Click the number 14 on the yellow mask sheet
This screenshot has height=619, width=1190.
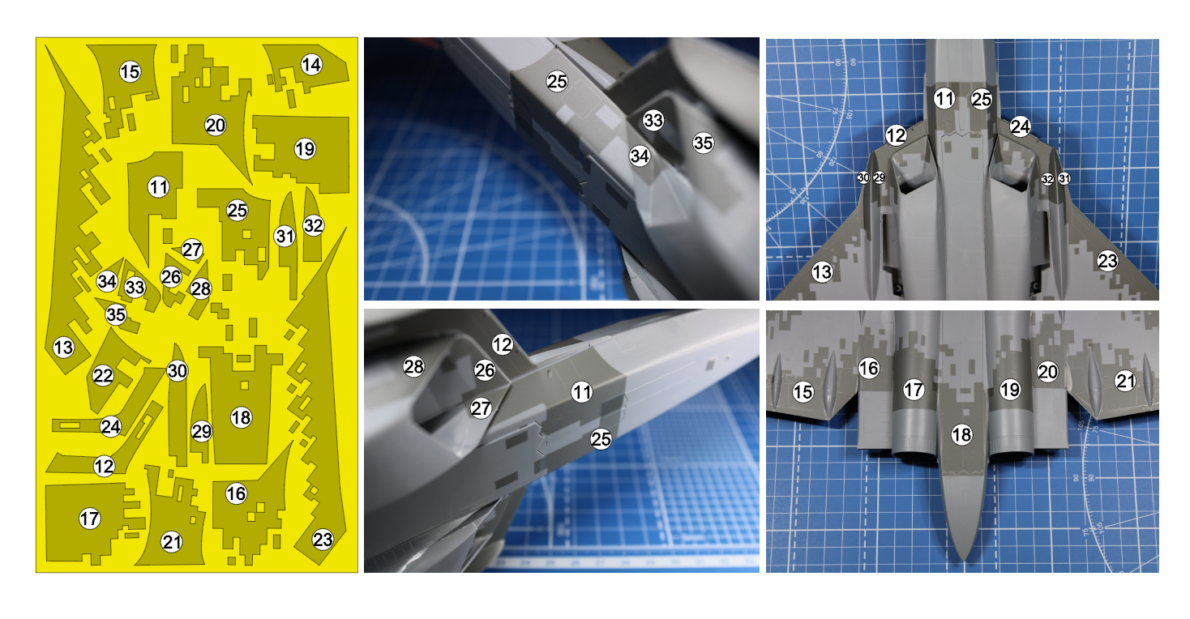coord(311,65)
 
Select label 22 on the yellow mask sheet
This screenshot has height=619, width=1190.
coord(103,376)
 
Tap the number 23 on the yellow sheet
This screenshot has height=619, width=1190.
coord(323,540)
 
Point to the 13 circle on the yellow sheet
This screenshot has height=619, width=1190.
coord(64,348)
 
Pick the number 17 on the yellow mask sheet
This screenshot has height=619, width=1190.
coord(89,519)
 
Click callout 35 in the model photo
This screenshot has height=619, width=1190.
coord(704,143)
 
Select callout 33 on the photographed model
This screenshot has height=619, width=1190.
coord(653,121)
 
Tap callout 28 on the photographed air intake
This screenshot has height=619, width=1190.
coord(414,366)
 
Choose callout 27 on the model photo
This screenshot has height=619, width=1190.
coord(482,408)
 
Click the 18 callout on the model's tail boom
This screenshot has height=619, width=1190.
coord(961,435)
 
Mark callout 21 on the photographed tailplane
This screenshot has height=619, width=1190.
coord(1125,381)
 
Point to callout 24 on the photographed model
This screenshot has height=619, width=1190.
coord(1020,126)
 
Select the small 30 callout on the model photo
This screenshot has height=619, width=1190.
coord(863,178)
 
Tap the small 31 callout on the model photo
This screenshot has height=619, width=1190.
coord(1064,178)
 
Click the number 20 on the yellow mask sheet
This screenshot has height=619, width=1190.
coord(215,126)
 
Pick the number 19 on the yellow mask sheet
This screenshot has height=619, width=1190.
coord(305,148)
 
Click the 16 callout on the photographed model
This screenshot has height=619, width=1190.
coord(869,368)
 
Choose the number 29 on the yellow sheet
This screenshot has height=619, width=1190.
coord(201,431)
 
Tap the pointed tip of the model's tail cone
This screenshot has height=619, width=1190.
coord(963,561)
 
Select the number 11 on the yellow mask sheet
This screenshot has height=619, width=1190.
coord(158,187)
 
